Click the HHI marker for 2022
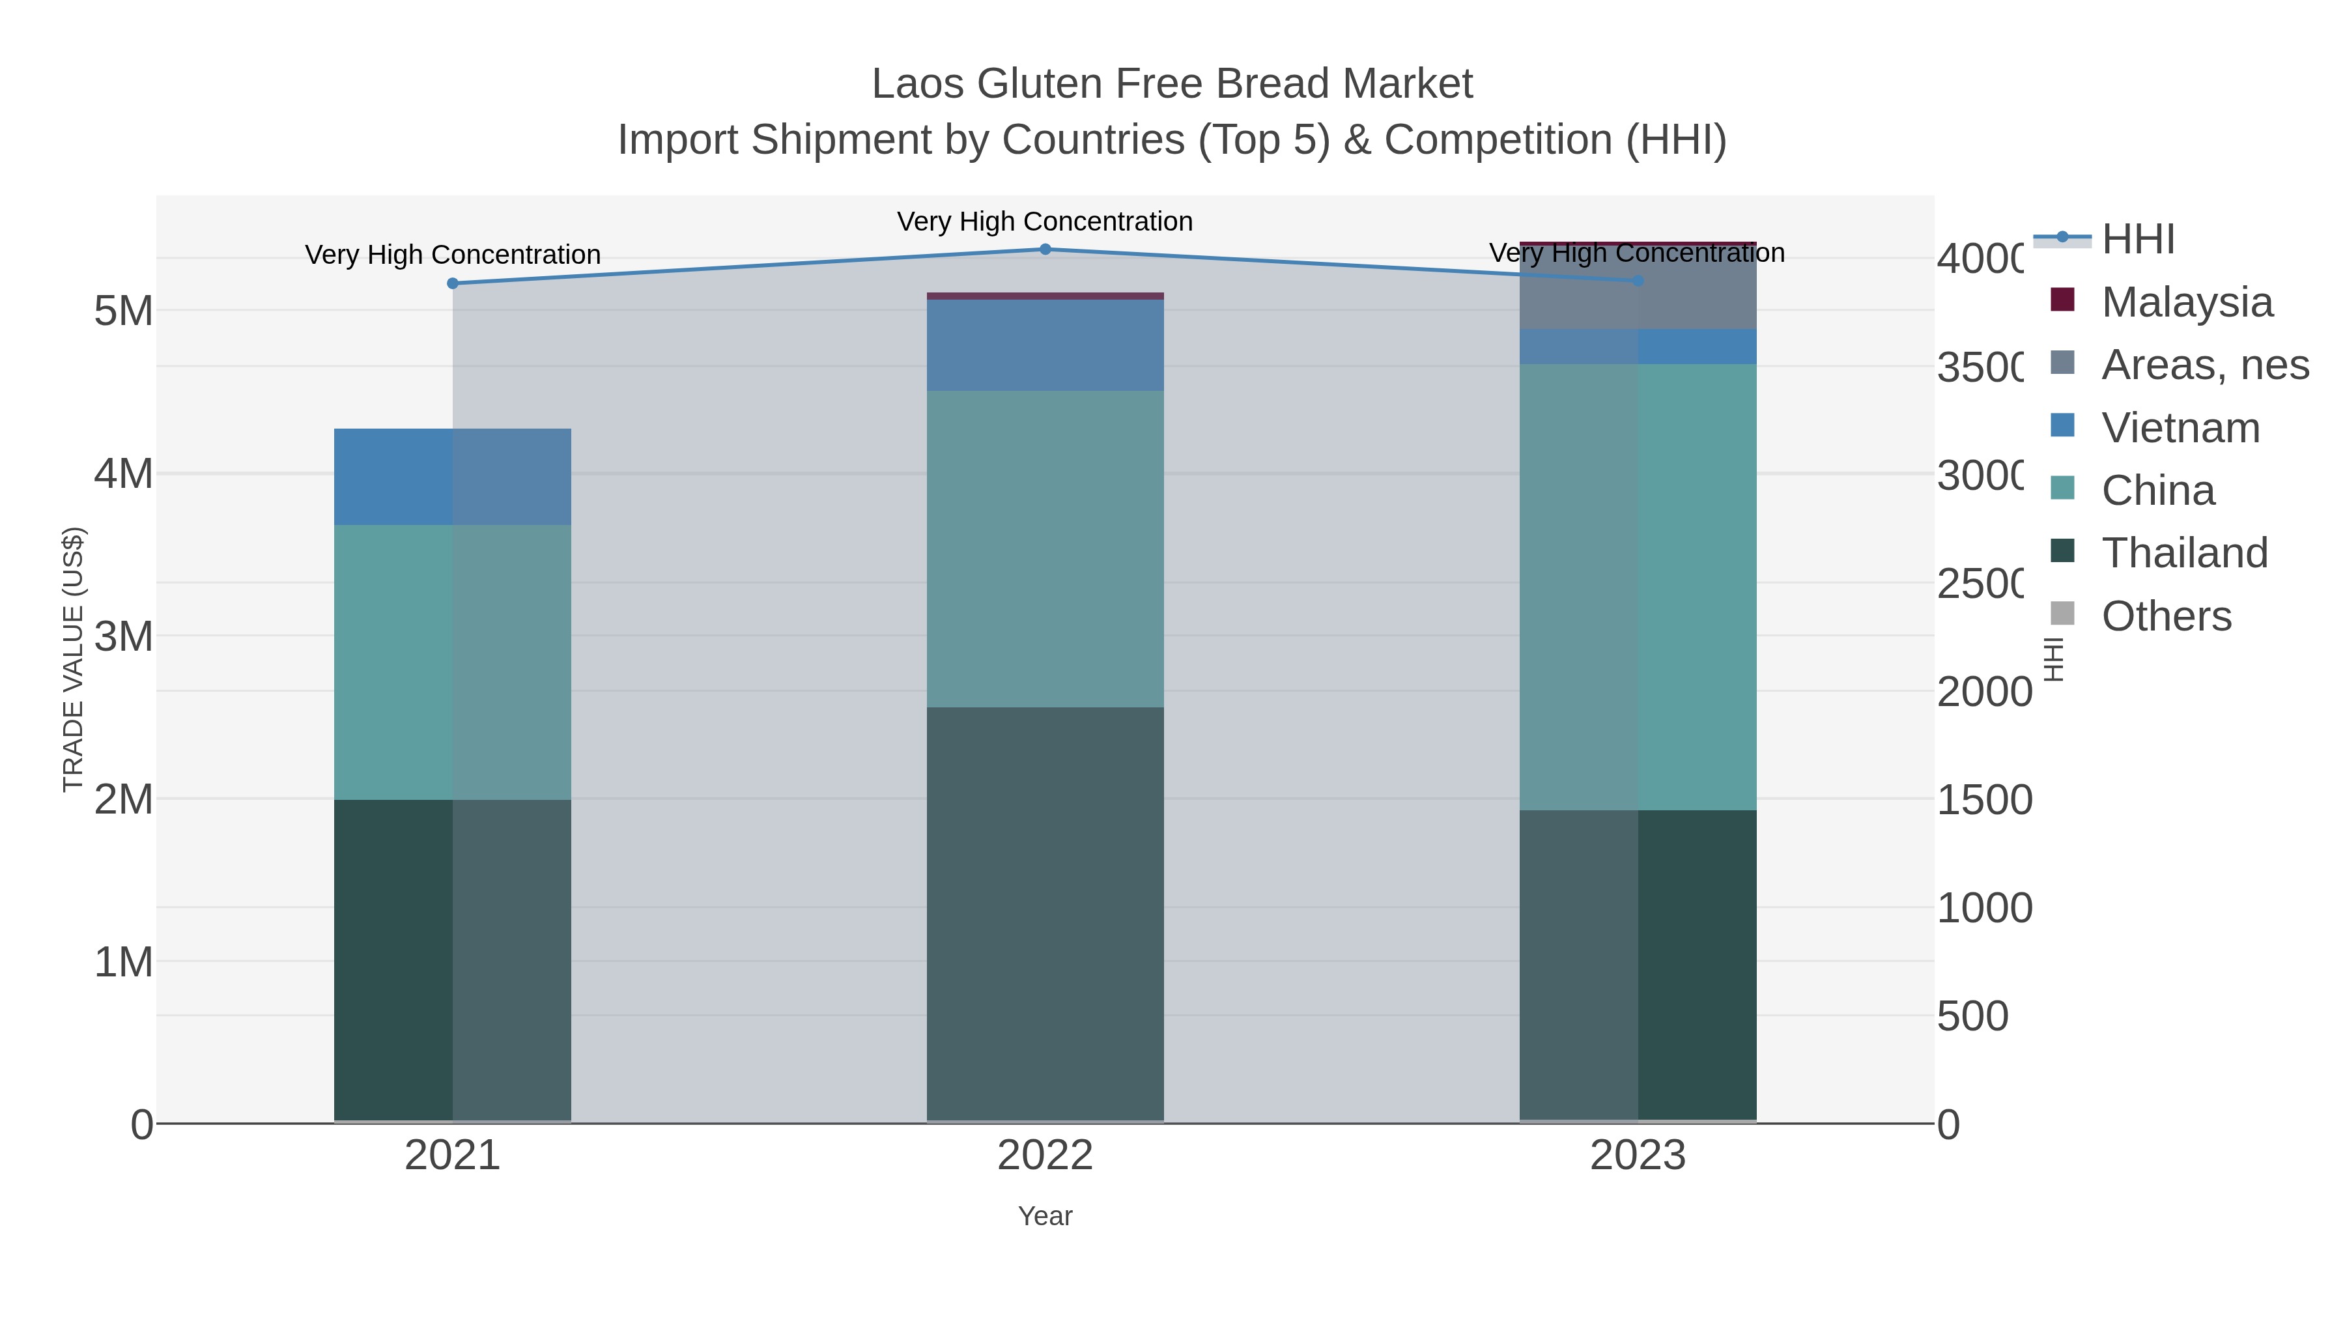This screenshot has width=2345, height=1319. [x=1045, y=249]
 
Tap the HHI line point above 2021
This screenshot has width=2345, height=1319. [x=453, y=283]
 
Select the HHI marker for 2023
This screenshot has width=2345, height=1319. [x=1638, y=280]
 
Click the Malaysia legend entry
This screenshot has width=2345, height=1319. [x=2187, y=302]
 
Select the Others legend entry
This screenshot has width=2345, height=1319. [x=2166, y=616]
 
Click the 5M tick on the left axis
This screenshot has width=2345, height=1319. [x=124, y=311]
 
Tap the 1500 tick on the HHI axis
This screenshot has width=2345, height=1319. [x=1985, y=800]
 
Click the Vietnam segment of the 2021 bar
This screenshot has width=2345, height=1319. [x=453, y=476]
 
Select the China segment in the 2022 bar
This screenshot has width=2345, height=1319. [x=1045, y=549]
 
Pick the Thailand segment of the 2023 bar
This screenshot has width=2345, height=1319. [x=1638, y=965]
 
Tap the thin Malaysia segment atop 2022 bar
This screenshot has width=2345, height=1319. [x=1045, y=296]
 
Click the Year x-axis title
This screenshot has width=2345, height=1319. [x=1045, y=1216]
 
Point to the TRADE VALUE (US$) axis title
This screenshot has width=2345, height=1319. [x=74, y=659]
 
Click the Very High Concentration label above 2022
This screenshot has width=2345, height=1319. [x=1045, y=221]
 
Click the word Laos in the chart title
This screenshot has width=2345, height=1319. [x=918, y=84]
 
